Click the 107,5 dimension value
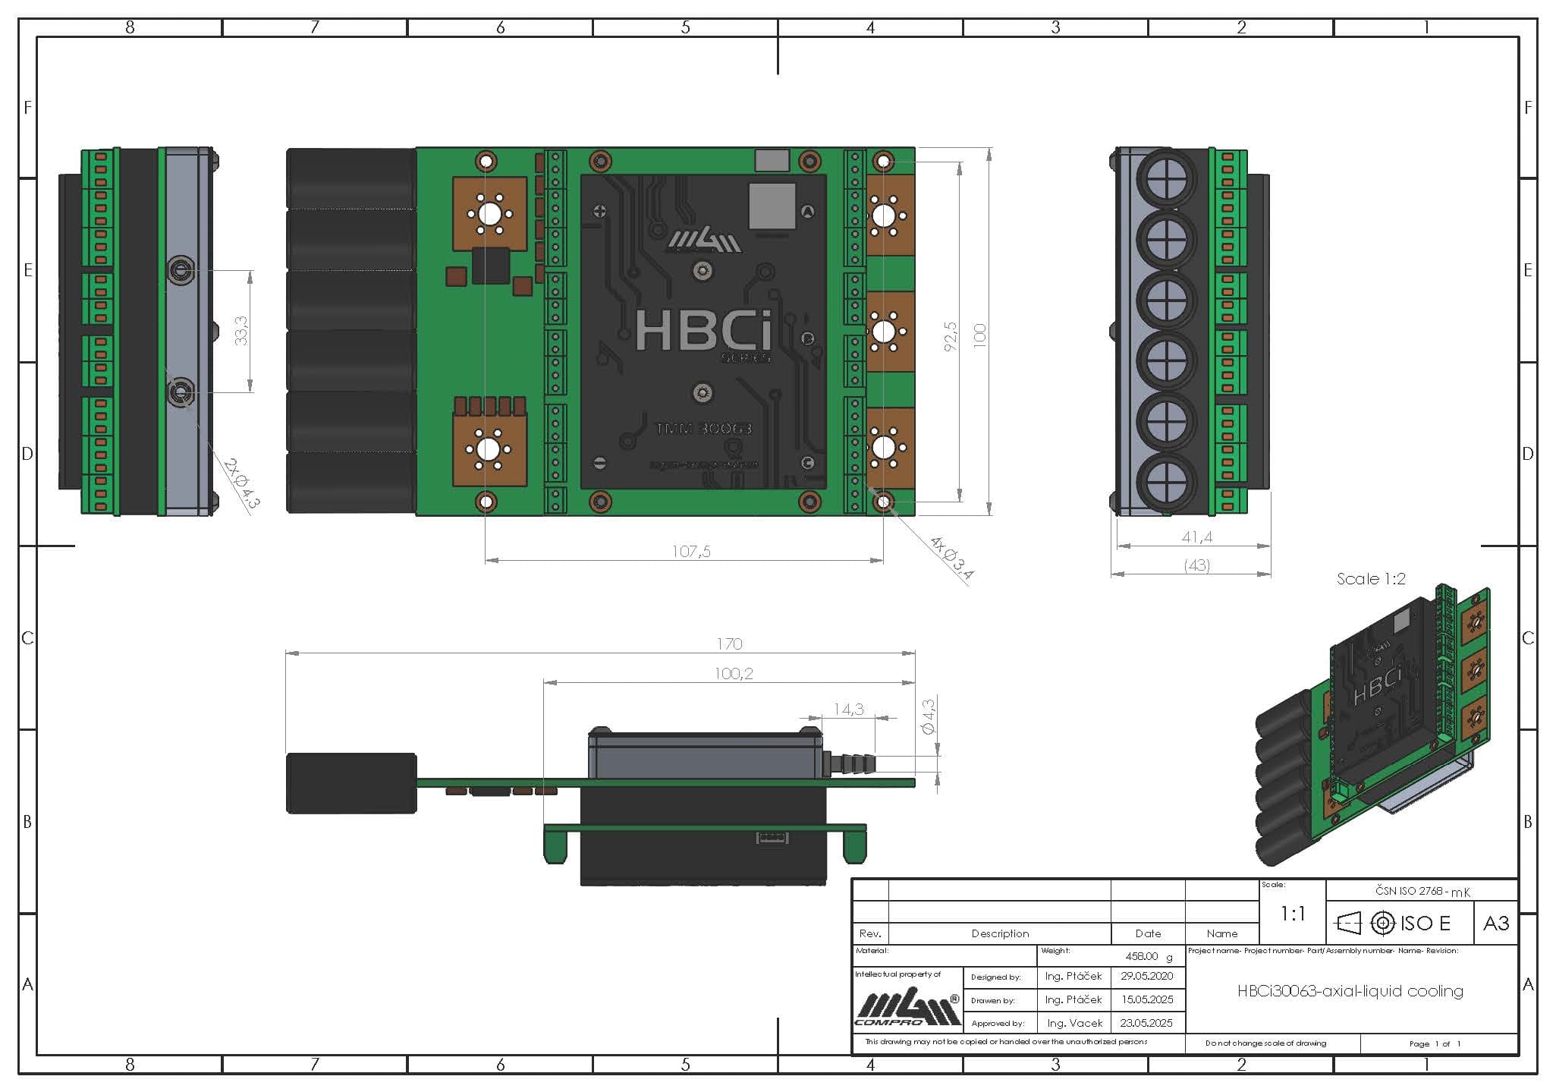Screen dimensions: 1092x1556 point(691,552)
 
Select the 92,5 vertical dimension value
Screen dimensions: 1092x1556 point(951,336)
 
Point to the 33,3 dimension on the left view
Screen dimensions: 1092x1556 point(242,331)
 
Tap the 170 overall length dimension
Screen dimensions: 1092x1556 point(729,644)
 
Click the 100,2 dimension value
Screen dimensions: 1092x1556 point(733,674)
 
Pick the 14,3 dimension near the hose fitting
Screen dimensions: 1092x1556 point(848,710)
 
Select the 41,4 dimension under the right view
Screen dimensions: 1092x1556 point(1196,537)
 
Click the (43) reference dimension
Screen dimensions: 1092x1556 point(1196,565)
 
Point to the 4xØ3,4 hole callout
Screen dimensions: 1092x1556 point(951,559)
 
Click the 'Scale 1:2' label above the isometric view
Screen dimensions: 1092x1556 point(1371,579)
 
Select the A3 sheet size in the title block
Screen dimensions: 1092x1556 point(1495,923)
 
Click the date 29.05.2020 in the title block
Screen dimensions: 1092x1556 point(1146,976)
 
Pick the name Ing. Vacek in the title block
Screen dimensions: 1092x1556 point(1073,1023)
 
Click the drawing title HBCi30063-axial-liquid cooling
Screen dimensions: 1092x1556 point(1350,991)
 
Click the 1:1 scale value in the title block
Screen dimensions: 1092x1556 point(1292,914)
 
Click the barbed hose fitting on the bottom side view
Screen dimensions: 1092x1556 point(848,761)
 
